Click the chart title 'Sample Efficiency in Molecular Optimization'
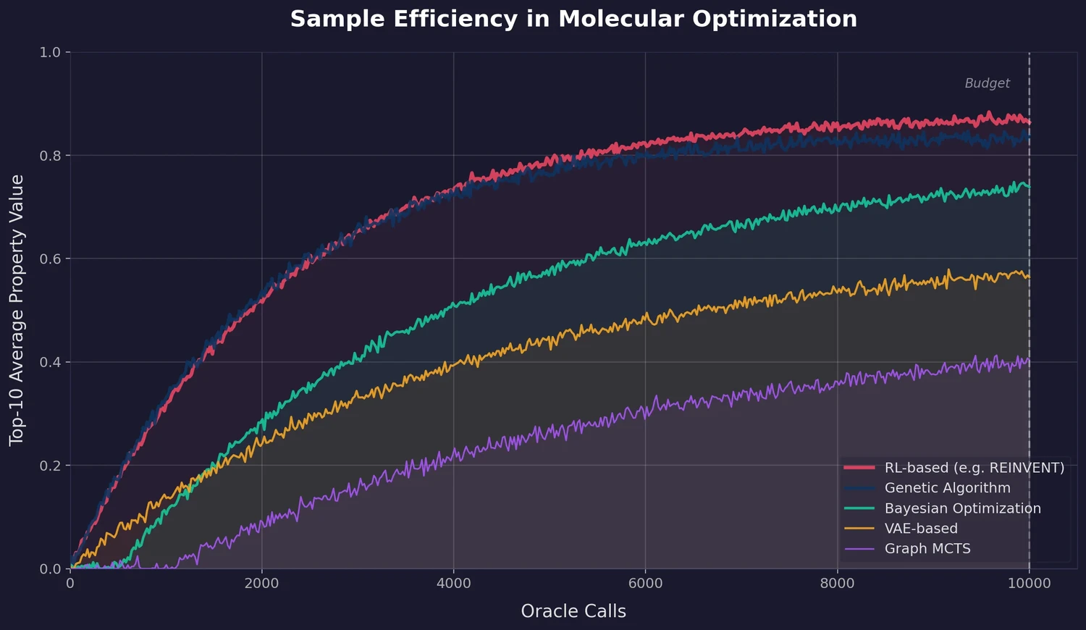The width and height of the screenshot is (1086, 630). click(573, 19)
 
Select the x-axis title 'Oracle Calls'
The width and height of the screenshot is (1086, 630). click(573, 611)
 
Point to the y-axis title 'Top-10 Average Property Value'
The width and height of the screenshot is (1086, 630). click(17, 310)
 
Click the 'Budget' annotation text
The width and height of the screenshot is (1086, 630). click(987, 83)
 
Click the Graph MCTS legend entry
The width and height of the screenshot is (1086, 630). click(927, 549)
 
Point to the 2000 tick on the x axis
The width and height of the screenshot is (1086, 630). click(262, 584)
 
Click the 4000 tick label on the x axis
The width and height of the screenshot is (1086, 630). click(454, 584)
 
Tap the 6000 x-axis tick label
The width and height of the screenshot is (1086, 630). click(646, 584)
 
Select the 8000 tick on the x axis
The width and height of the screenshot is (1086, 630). click(838, 584)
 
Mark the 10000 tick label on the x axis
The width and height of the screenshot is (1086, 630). click(1029, 584)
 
